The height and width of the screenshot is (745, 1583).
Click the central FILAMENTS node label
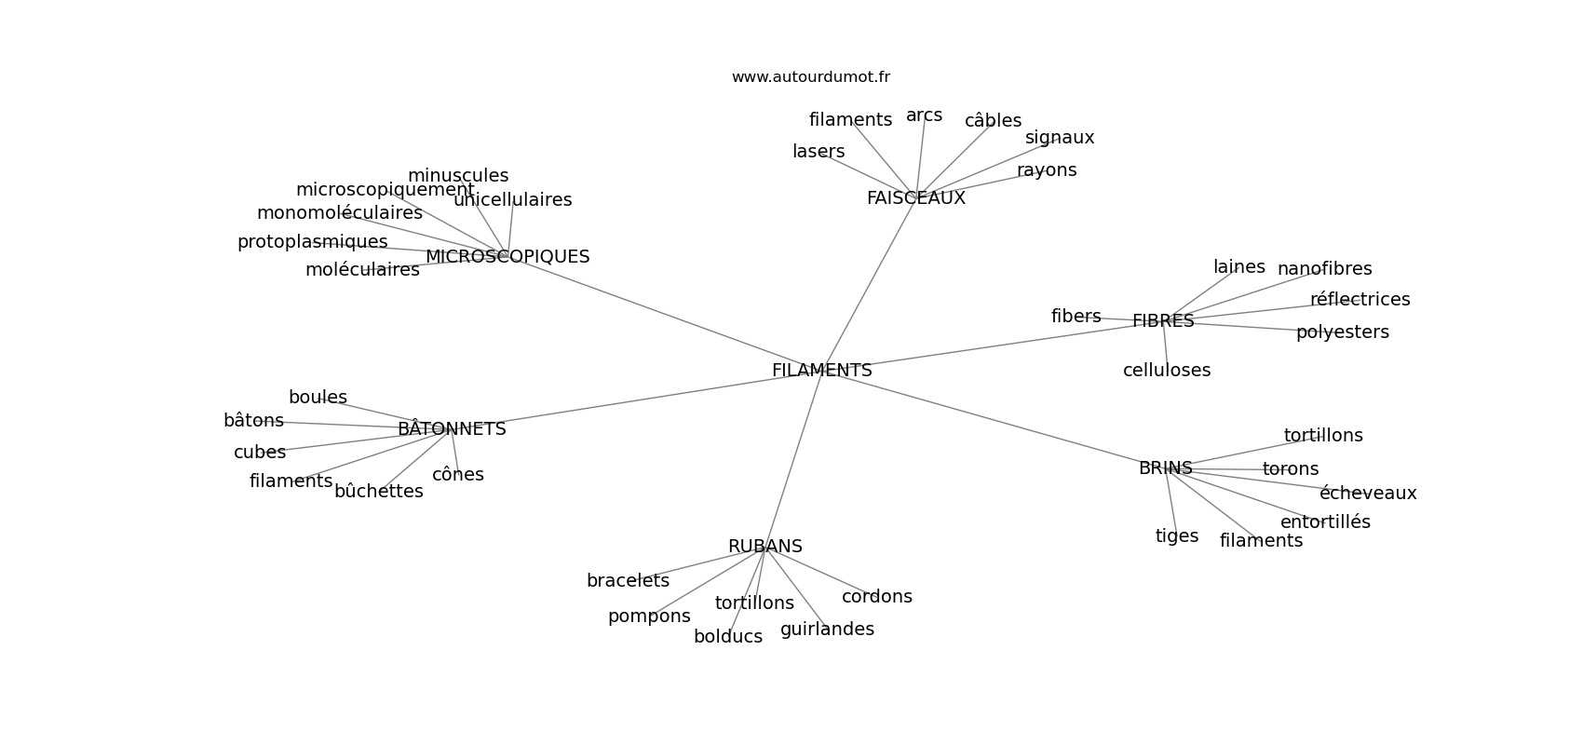[x=821, y=371]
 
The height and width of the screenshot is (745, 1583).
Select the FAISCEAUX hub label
[x=915, y=198]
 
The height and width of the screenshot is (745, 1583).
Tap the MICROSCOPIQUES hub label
[x=507, y=257]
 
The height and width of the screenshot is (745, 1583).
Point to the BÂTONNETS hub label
[x=452, y=429]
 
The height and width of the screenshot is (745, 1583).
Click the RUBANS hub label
[x=764, y=547]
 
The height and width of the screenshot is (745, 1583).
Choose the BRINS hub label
[x=1165, y=468]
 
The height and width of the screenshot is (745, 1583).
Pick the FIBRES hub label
[x=1163, y=321]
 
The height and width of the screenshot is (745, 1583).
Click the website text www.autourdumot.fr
[x=810, y=77]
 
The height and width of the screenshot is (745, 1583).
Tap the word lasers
[x=819, y=152]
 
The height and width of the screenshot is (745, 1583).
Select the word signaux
[x=1060, y=138]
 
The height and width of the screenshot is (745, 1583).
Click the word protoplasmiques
[x=312, y=242]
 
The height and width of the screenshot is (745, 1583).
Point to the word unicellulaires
[x=512, y=200]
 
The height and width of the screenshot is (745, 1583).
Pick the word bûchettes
[x=378, y=492]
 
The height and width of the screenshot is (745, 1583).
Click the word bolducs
[x=727, y=637]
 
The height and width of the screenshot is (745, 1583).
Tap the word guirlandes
[x=827, y=630]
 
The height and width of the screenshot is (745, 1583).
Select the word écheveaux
[x=1367, y=494]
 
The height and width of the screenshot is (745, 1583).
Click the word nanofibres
[x=1324, y=269]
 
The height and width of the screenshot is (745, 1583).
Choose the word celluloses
[x=1166, y=371]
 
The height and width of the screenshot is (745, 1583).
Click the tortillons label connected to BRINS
[x=1322, y=436]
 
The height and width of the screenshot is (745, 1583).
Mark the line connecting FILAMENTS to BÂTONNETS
[x=633, y=400]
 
